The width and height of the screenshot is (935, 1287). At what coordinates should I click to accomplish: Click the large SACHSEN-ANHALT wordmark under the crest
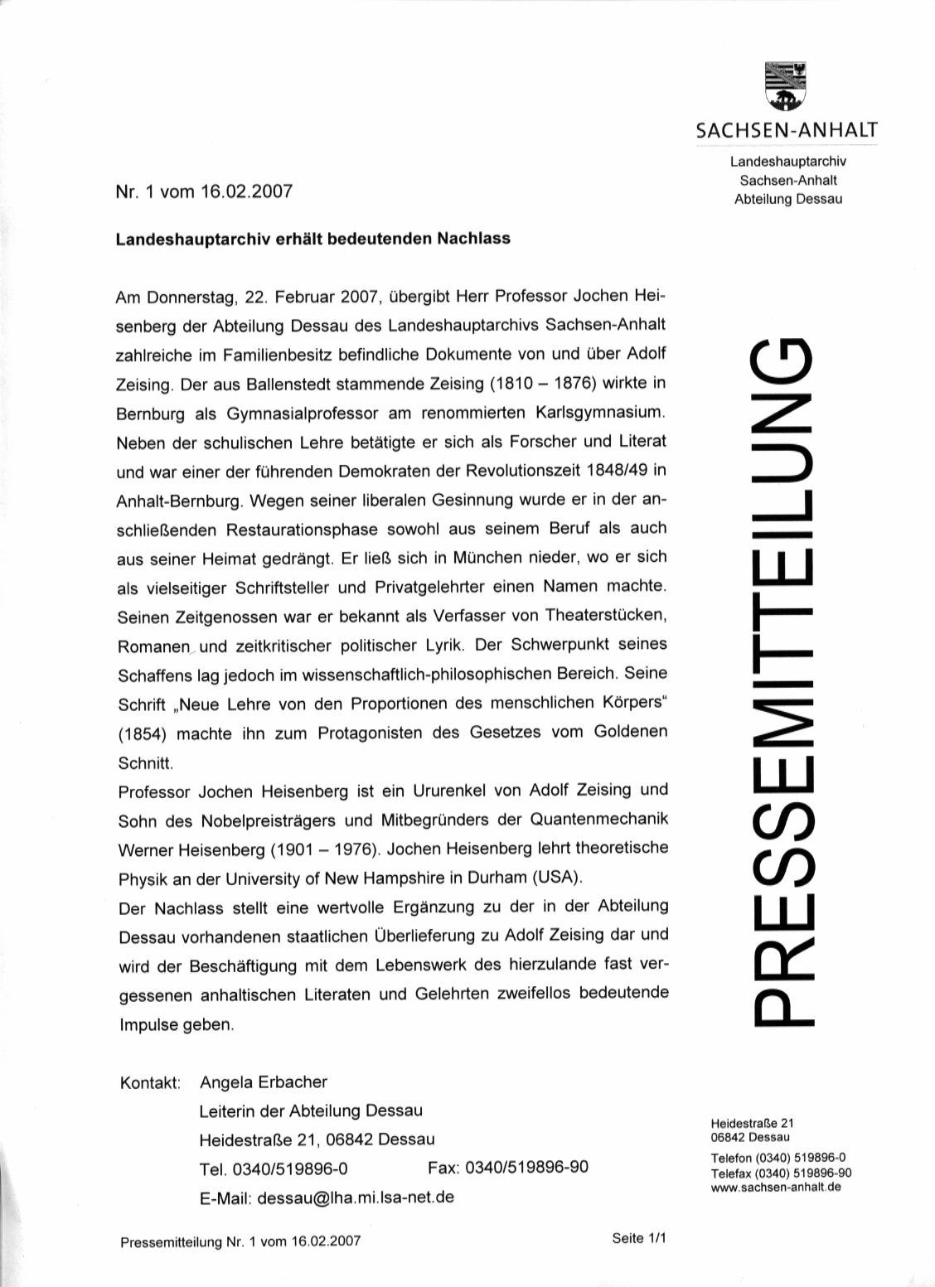click(787, 130)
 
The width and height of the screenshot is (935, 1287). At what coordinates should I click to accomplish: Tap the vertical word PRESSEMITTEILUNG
click(782, 680)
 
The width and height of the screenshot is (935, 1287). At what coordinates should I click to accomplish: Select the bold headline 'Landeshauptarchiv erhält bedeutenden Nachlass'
click(312, 239)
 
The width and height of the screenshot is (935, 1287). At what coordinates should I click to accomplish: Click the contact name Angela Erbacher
click(264, 1081)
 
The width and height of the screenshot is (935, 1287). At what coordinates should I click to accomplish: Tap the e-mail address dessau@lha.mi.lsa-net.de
click(356, 1198)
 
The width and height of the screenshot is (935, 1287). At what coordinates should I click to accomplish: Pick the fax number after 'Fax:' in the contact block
click(527, 1168)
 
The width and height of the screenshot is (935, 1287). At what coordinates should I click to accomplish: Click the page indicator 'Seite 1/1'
click(639, 1239)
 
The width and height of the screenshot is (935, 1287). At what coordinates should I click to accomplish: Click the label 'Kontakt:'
click(150, 1083)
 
